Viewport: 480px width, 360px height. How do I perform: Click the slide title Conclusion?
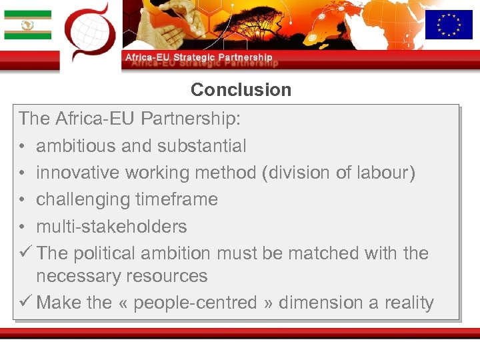pyautogui.click(x=241, y=90)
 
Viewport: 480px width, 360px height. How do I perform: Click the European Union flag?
pyautogui.click(x=449, y=25)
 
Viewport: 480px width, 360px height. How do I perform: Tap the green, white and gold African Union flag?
pyautogui.click(x=27, y=25)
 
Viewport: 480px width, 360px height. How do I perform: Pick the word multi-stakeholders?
pyautogui.click(x=111, y=227)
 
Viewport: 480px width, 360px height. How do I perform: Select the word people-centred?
pyautogui.click(x=195, y=303)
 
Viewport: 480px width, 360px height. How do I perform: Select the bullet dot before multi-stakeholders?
pyautogui.click(x=23, y=227)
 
